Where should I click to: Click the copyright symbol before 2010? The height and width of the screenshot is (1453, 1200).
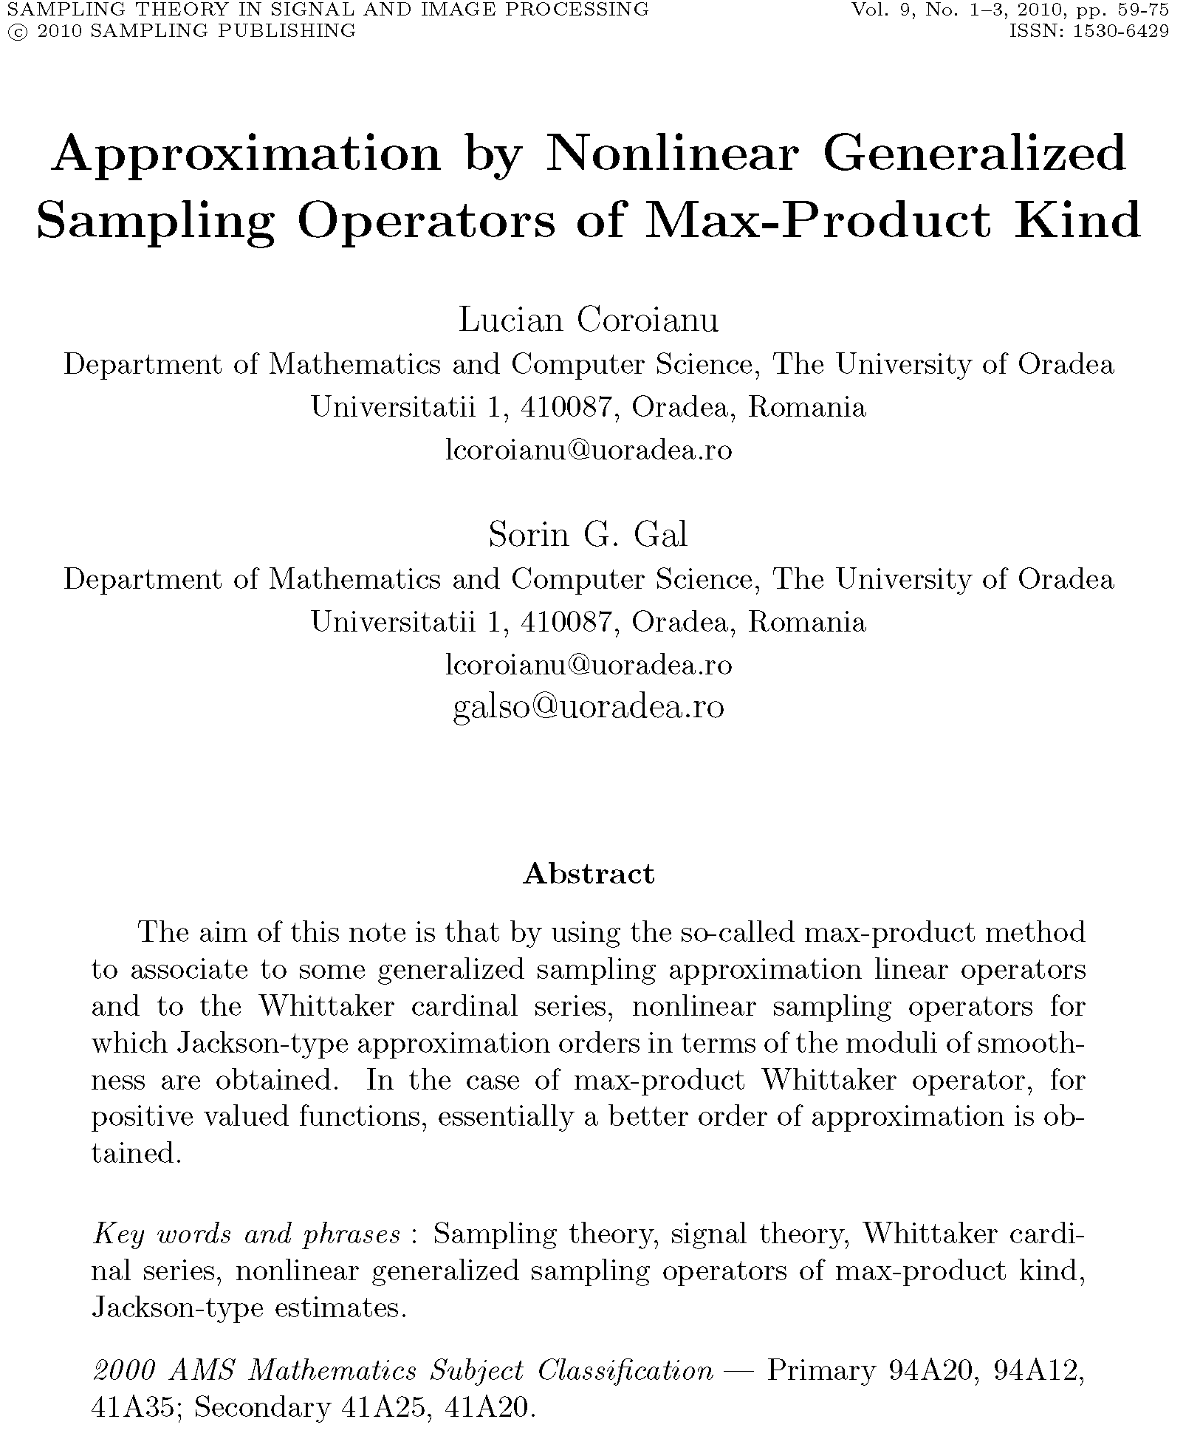pos(13,32)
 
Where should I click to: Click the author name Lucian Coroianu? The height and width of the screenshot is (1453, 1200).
pos(589,320)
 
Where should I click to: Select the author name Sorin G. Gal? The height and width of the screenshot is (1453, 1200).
pos(588,535)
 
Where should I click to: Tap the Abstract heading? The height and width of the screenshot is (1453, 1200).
pos(589,874)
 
